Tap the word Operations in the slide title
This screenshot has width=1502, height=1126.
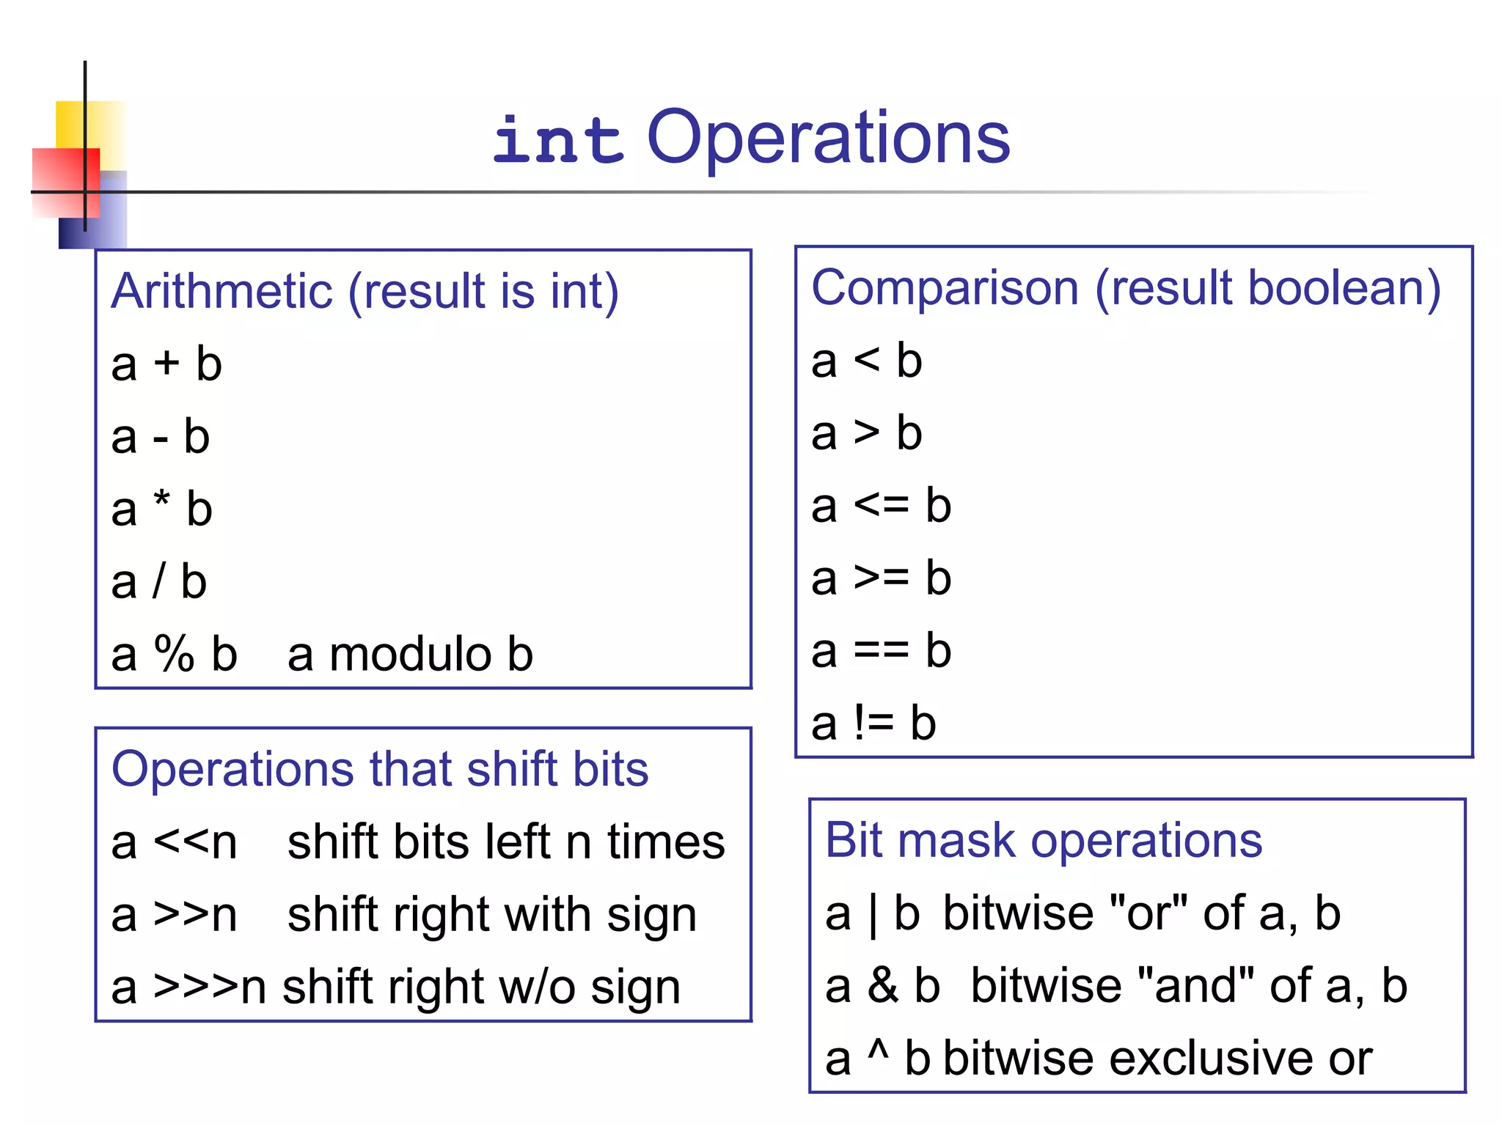828,138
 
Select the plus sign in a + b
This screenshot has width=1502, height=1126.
166,364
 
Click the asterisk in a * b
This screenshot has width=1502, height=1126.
161,501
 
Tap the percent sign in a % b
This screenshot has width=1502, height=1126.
174,653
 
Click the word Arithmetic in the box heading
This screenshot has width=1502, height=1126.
221,291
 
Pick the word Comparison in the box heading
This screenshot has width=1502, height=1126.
945,287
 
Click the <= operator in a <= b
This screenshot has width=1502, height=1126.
881,505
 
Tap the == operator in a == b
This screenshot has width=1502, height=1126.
881,650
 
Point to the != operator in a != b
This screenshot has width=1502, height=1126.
873,723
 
